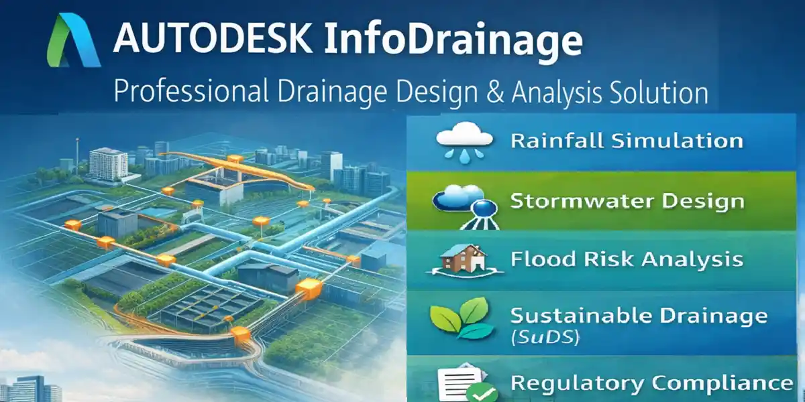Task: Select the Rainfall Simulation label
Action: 627,141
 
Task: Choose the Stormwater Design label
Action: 627,201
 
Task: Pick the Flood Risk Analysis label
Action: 627,259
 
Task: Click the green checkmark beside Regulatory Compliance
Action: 478,393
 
